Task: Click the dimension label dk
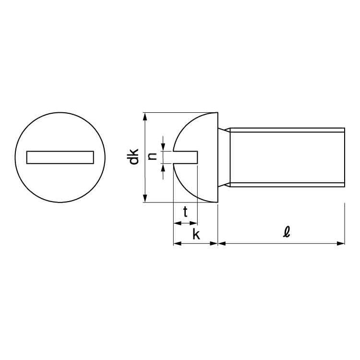click(x=134, y=156)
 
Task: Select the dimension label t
click(x=185, y=212)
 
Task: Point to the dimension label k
click(x=196, y=234)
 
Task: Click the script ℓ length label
click(x=286, y=232)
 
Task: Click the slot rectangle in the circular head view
click(x=60, y=157)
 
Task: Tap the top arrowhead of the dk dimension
click(x=145, y=117)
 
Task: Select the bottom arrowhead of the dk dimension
click(x=145, y=198)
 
